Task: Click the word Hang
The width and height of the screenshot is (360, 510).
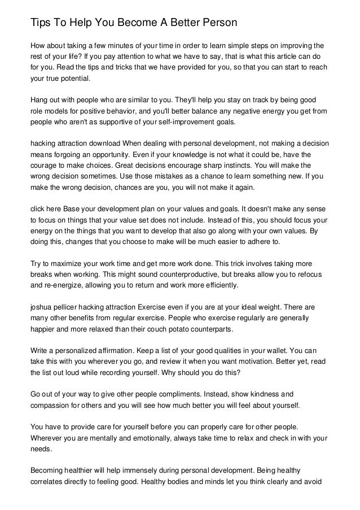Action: tap(39, 99)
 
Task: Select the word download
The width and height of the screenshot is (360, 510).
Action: tap(104, 143)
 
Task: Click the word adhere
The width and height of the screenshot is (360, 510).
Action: tap(265, 242)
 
